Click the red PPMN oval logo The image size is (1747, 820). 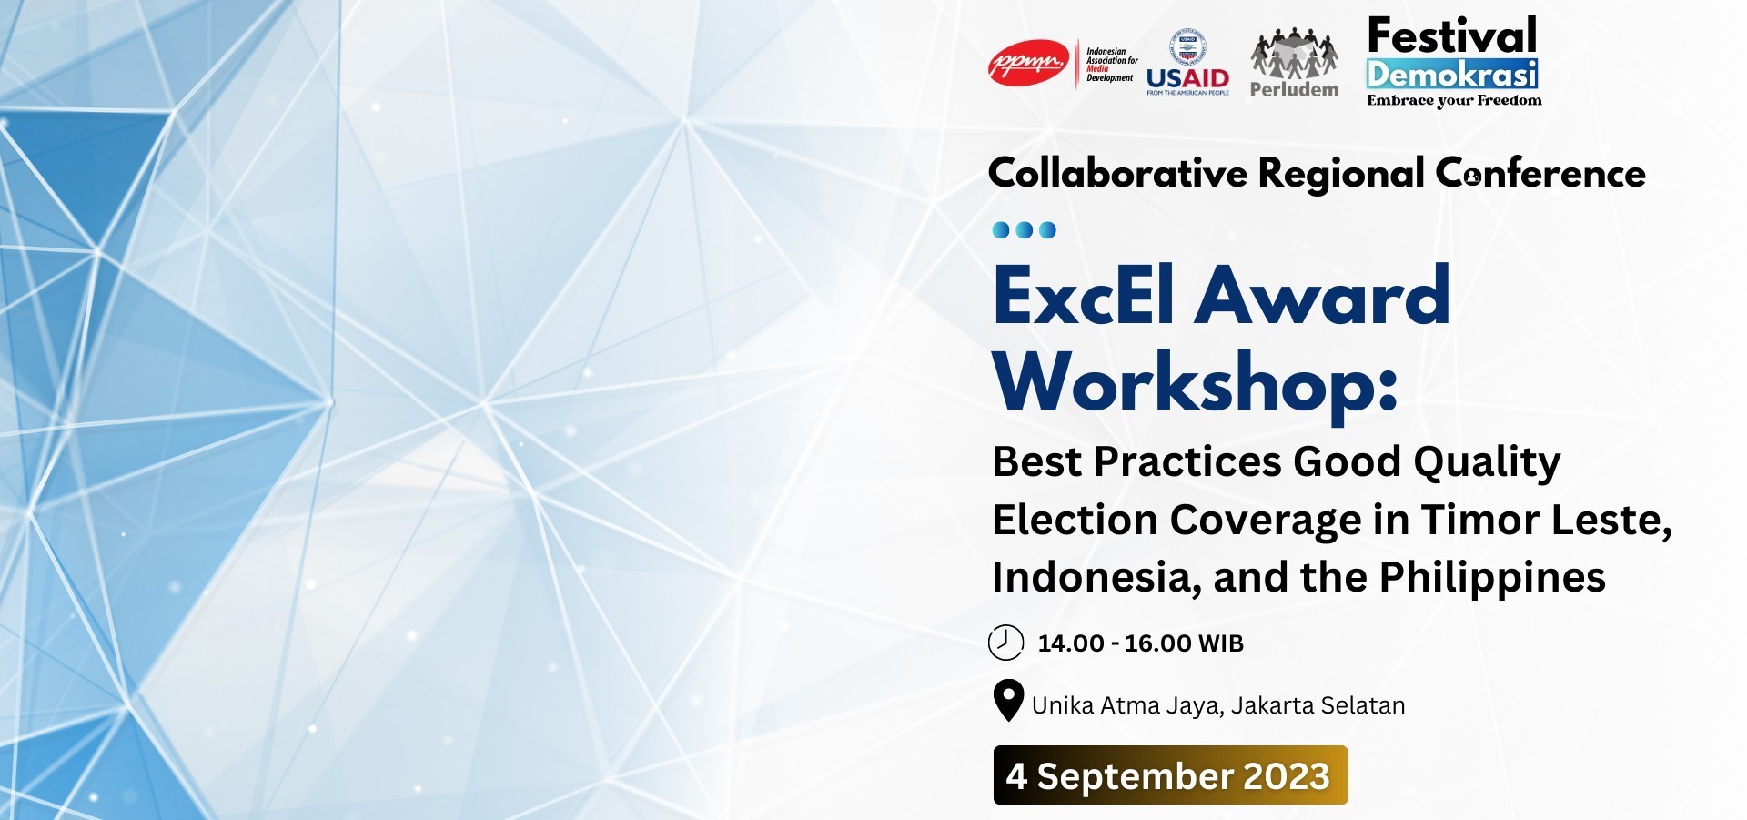tap(1028, 64)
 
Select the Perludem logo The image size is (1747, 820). tap(1294, 64)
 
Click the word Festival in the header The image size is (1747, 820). tap(1452, 36)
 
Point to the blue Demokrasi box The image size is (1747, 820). tap(1452, 74)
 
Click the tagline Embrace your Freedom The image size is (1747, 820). tap(1454, 100)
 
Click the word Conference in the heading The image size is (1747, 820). tap(1540, 173)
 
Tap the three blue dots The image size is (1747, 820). tap(1024, 229)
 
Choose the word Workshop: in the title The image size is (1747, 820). tap(1195, 382)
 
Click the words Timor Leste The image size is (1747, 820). tap(1546, 520)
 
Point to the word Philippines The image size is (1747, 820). tap(1492, 577)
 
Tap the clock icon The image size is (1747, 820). tap(1005, 643)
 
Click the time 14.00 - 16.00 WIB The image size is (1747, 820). tap(1140, 643)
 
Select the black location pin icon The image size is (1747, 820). tap(1008, 701)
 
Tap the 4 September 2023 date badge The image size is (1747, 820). tap(1170, 775)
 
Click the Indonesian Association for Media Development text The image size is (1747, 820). tap(1111, 65)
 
